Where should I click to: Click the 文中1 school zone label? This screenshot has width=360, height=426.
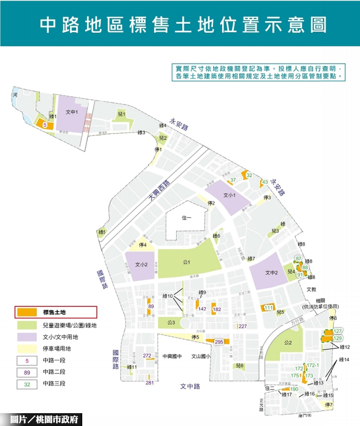[72, 112]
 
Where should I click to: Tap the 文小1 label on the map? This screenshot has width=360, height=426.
[229, 195]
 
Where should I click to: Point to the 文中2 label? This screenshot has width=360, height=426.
[272, 273]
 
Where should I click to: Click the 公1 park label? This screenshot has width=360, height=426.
[186, 263]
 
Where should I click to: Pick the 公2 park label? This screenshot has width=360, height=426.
[287, 343]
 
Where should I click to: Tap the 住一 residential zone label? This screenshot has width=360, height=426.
[187, 218]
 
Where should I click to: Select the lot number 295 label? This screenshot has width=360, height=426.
[219, 342]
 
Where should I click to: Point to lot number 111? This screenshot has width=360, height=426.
[268, 307]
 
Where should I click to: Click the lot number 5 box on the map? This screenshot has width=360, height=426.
[45, 125]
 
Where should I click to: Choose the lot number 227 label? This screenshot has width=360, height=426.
[243, 326]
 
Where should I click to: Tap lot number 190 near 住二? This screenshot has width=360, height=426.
[294, 389]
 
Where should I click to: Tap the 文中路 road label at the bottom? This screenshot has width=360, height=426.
[190, 386]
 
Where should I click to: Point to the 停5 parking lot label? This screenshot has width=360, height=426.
[194, 337]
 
